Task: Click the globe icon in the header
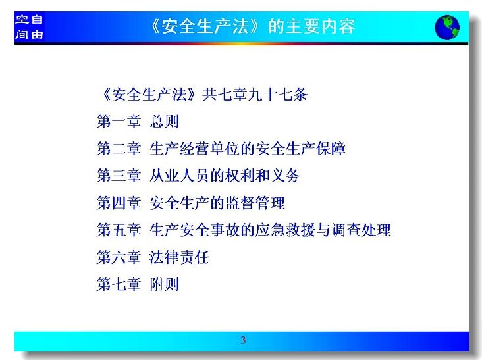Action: click(447, 28)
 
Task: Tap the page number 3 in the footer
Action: click(243, 340)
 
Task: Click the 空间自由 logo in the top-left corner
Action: click(29, 27)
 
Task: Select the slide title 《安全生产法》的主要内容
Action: click(253, 26)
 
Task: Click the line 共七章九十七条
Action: click(255, 94)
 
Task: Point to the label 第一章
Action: click(119, 121)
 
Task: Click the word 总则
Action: click(165, 121)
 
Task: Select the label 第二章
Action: click(119, 149)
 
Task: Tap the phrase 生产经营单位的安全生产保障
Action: click(248, 149)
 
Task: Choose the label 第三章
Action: click(119, 176)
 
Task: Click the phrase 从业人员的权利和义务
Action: click(225, 176)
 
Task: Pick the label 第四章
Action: click(119, 203)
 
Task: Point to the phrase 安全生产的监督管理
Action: click(217, 203)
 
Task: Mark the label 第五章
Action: click(119, 230)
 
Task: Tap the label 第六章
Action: click(119, 257)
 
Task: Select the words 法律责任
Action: click(179, 257)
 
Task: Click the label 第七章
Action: click(119, 284)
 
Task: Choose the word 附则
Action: click(165, 284)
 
